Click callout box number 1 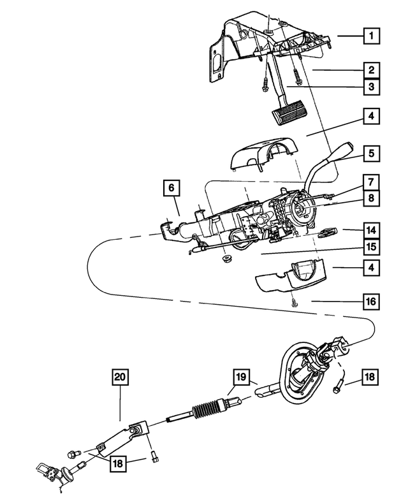click(x=370, y=36)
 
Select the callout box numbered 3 click(x=370, y=87)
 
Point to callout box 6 click(x=170, y=188)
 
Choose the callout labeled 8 click(x=370, y=198)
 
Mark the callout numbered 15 click(x=370, y=246)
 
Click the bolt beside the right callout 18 click(x=339, y=384)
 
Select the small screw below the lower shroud click(x=293, y=303)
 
